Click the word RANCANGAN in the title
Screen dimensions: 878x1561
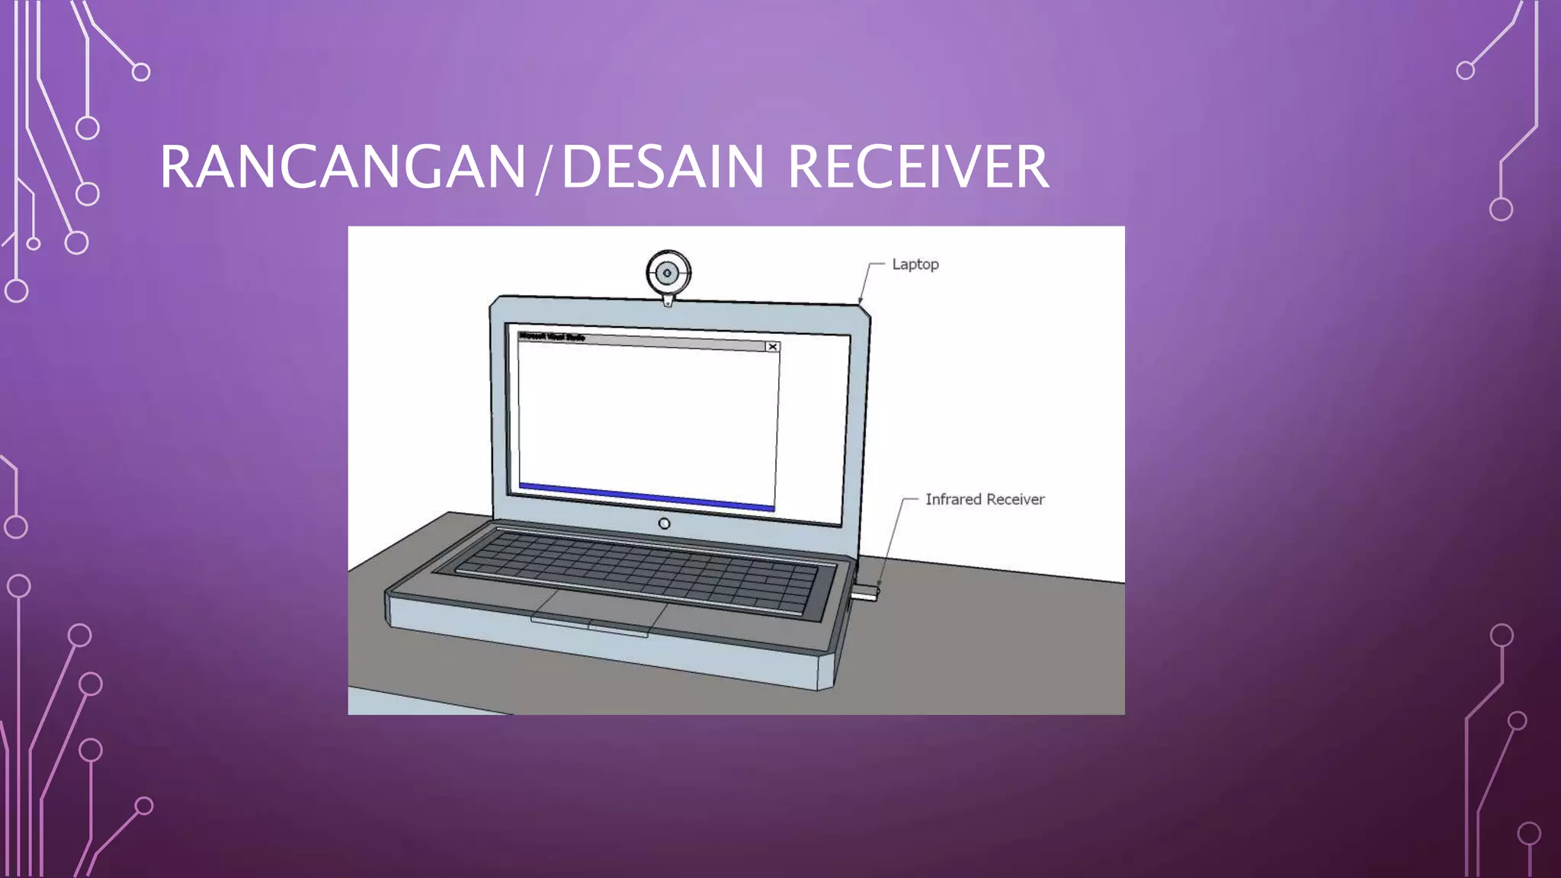pos(343,167)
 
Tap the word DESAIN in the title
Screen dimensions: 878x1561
pos(662,167)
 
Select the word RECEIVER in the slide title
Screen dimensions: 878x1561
pos(918,167)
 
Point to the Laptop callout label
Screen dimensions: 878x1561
pos(915,264)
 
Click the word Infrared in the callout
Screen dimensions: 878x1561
pos(953,499)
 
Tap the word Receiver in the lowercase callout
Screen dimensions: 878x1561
pos(1015,499)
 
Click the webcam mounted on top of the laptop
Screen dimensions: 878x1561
pos(668,273)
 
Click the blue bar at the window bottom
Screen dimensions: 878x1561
pos(646,496)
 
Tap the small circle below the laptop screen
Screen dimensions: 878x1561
pos(664,524)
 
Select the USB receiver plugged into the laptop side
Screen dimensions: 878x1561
pos(865,592)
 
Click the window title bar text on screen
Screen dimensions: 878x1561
pos(552,336)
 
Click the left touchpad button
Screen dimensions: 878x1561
pos(560,623)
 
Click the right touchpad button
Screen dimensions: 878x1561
pos(619,630)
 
